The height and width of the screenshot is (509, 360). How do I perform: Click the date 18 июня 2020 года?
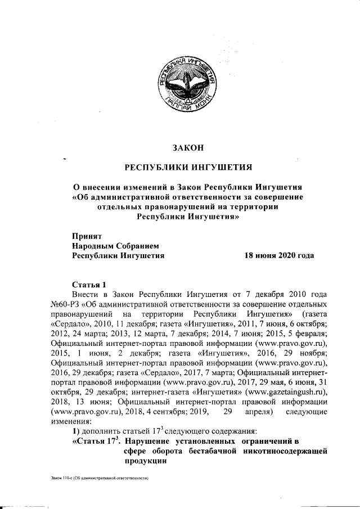pyautogui.click(x=278, y=255)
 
